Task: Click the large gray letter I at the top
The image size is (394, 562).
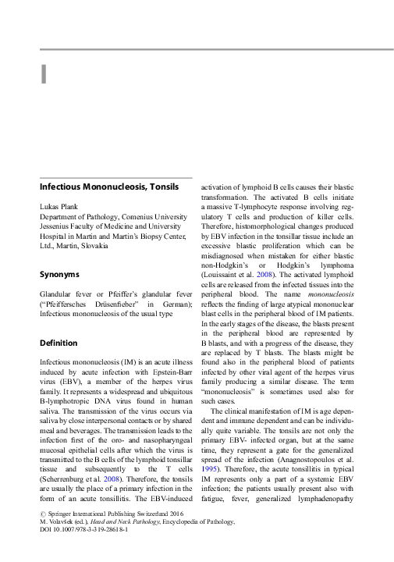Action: click(44, 73)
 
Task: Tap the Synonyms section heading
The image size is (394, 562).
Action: click(60, 275)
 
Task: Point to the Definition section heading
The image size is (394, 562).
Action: click(59, 343)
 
